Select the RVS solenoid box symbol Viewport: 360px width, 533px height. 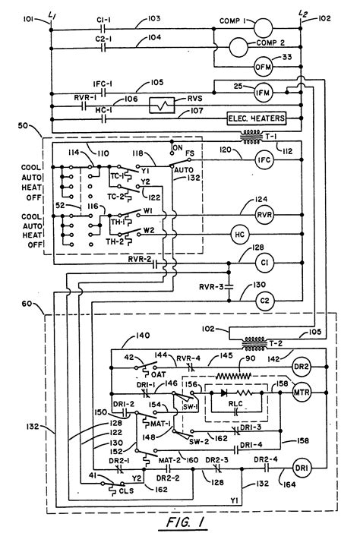point(159,102)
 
